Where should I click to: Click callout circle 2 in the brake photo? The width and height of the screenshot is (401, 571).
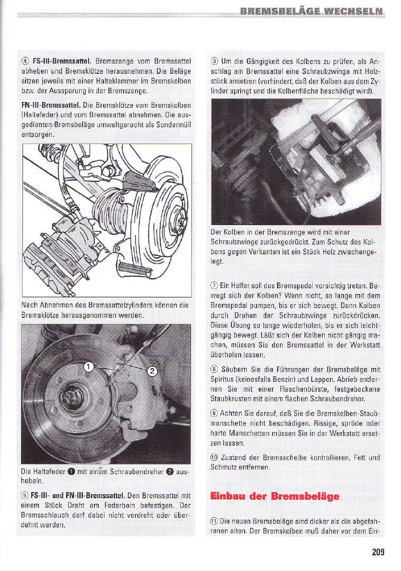[x=152, y=372]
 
